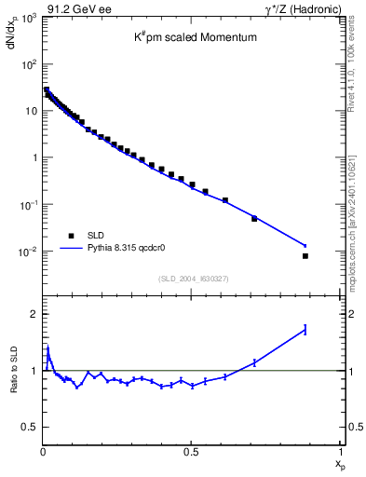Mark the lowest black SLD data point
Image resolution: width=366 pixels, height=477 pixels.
[x=305, y=255]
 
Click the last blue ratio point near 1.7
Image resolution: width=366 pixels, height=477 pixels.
[x=305, y=329]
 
